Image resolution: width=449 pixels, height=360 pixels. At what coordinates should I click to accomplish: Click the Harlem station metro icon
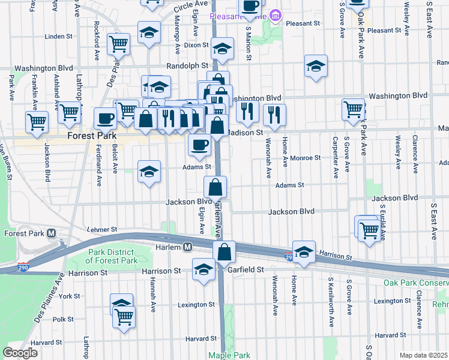click(188, 247)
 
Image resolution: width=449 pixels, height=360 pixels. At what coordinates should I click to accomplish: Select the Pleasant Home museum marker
click(276, 14)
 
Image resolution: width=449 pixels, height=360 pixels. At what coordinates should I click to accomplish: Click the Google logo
click(20, 353)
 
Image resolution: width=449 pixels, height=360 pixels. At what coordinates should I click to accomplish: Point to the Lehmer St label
click(101, 229)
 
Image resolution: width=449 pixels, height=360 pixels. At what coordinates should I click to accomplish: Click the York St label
click(70, 296)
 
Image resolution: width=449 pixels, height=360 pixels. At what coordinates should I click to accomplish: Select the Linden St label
click(58, 37)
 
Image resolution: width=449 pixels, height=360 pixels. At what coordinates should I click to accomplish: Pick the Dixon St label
click(196, 45)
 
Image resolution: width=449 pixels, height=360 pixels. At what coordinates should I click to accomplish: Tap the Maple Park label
click(224, 355)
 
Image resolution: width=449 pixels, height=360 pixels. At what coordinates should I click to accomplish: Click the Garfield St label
click(247, 271)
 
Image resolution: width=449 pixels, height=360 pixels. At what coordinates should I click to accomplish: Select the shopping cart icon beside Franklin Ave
click(37, 121)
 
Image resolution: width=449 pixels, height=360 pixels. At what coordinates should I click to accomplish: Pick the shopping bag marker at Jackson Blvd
click(215, 187)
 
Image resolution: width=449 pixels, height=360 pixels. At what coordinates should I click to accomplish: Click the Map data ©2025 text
click(423, 355)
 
